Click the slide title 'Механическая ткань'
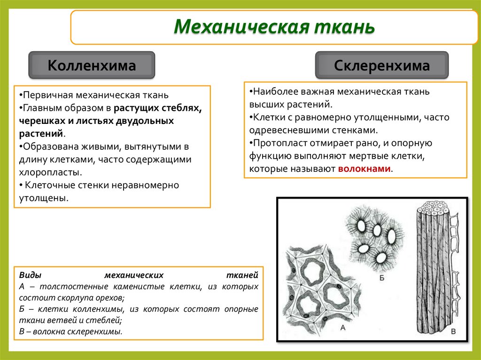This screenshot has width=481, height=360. click(x=274, y=27)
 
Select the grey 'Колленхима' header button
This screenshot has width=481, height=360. click(x=92, y=65)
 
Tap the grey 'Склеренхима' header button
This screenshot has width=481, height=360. click(x=381, y=65)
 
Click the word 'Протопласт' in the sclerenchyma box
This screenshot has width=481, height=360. click(x=278, y=143)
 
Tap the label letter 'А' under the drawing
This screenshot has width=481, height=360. click(x=343, y=328)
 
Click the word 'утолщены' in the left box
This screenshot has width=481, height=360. click(x=41, y=198)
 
